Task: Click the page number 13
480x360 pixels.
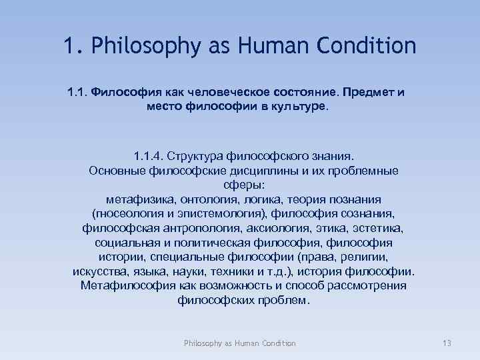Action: (447, 343)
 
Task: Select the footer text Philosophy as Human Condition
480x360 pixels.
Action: (240, 343)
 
